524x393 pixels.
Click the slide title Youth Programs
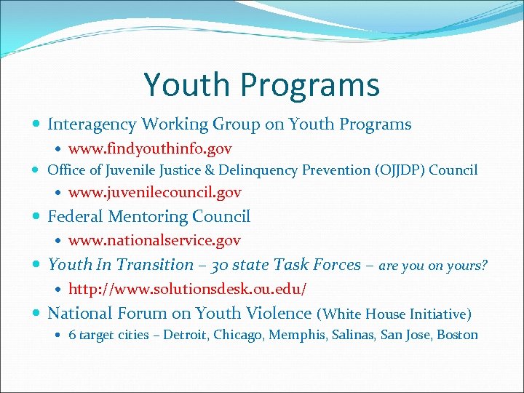(261, 84)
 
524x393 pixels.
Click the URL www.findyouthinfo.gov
(150, 149)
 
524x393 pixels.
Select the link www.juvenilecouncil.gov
(154, 193)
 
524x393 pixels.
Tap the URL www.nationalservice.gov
(154, 240)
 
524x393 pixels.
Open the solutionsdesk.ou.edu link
(187, 289)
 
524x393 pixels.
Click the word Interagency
(92, 124)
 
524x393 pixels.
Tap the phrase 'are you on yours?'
(433, 266)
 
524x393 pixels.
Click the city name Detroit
(183, 335)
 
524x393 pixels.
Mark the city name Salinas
(352, 335)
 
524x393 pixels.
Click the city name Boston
(457, 335)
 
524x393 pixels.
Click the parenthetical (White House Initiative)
(394, 314)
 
